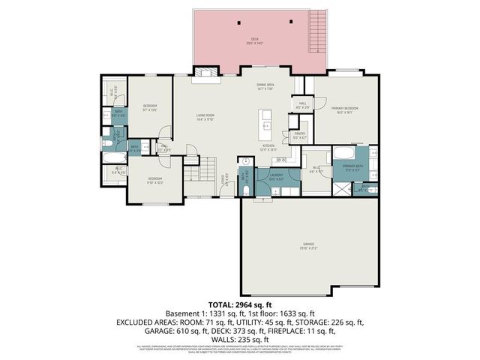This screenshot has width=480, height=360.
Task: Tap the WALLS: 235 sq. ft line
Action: pos(239,338)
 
